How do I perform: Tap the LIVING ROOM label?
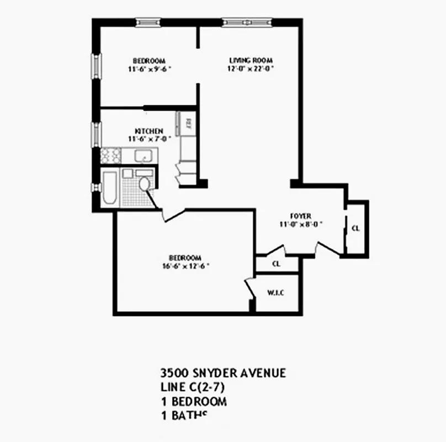251,60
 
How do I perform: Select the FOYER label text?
301,216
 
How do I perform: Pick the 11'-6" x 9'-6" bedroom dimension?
149,69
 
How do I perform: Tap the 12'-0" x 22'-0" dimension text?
251,69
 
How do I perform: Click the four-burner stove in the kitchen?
111,155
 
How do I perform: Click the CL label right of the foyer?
356,228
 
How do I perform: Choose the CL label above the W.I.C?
277,264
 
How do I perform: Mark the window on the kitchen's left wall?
95,133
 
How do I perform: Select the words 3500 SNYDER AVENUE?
222,373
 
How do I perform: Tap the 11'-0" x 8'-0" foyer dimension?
301,224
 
